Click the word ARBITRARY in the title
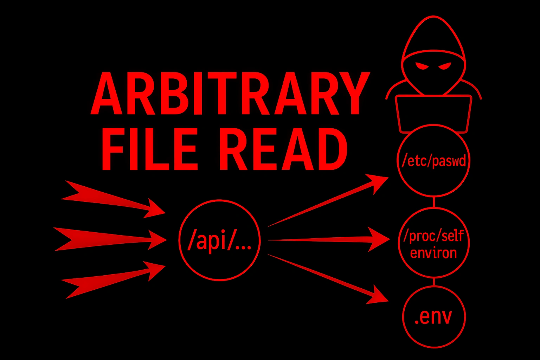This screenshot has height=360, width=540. pos(230,94)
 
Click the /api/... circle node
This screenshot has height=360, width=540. pos(219,240)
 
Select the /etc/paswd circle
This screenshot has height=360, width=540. pos(433,161)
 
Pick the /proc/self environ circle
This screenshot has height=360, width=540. pos(433,243)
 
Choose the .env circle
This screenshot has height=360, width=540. pos(433,316)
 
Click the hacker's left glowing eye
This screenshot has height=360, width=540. pos(420,66)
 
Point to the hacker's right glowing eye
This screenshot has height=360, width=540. pos(445,66)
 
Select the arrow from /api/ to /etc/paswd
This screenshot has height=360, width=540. pos(327,200)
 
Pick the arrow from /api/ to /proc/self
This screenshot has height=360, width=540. pos(327,240)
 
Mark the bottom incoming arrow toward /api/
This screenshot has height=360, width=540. pos(112,279)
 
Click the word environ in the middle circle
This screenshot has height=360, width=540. pos(433,253)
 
